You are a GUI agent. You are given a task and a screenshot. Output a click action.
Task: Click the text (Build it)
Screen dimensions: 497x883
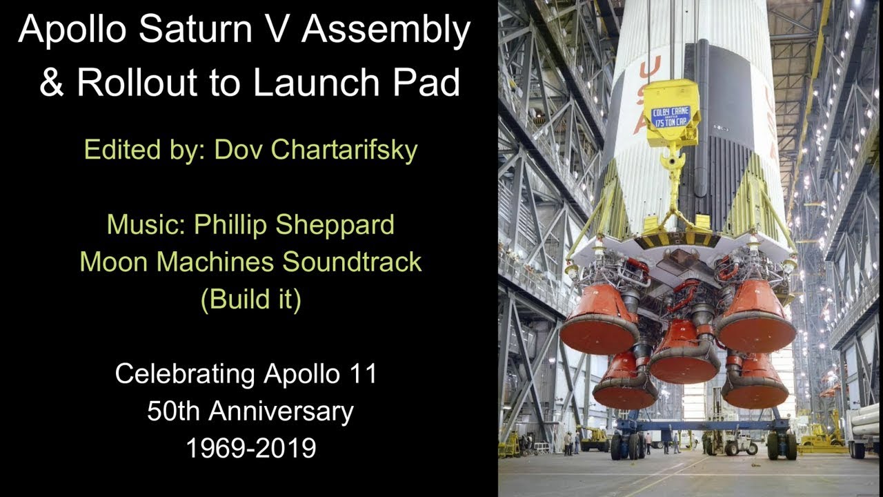pos(250,300)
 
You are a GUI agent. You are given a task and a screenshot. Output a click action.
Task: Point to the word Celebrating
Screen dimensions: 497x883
pos(185,374)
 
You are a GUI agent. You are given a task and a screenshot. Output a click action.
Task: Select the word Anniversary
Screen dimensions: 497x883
pos(281,411)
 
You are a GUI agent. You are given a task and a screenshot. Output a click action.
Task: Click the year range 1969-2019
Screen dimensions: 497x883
pos(250,449)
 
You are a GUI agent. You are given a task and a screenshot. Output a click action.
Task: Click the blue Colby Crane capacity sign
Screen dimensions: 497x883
pos(671,116)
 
